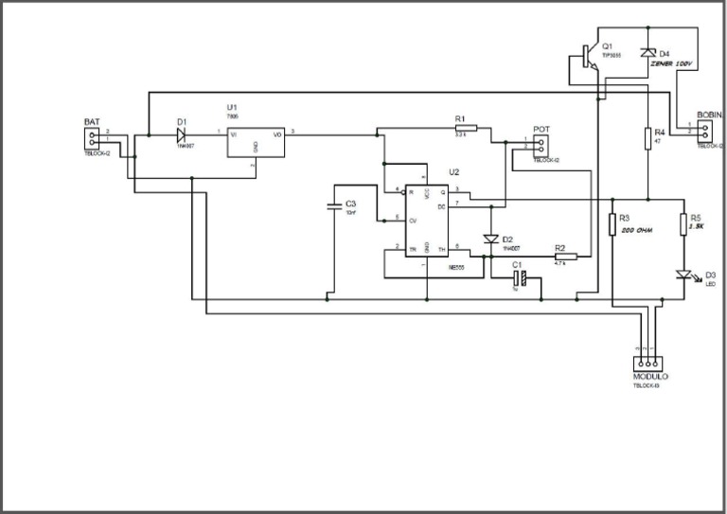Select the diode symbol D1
pyautogui.click(x=180, y=133)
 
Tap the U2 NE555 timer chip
pyautogui.click(x=427, y=221)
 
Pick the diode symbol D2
pyautogui.click(x=490, y=239)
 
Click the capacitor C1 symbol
pyautogui.click(x=520, y=279)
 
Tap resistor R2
pyautogui.click(x=565, y=257)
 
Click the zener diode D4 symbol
pyautogui.click(x=647, y=53)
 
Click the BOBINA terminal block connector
pyautogui.click(x=707, y=130)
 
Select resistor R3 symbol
pyautogui.click(x=612, y=224)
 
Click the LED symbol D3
pyautogui.click(x=683, y=275)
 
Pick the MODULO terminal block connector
pyautogui.click(x=649, y=363)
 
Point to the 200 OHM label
pyautogui.click(x=637, y=230)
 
